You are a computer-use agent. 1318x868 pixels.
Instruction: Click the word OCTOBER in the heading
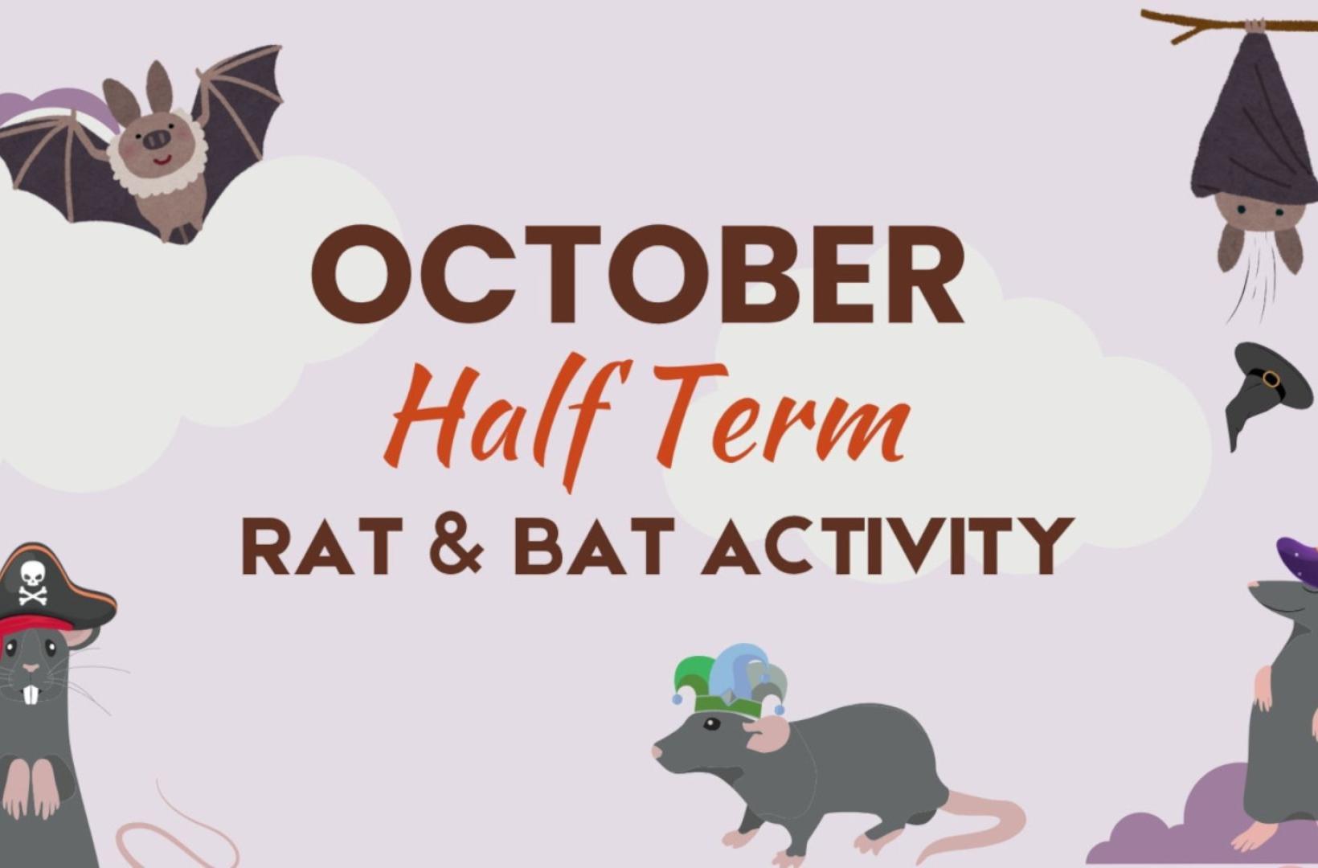(637, 274)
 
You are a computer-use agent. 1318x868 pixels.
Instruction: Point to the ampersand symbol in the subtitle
(456, 546)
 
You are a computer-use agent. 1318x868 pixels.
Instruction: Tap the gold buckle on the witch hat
(1271, 378)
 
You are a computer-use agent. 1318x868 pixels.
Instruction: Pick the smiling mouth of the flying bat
(162, 160)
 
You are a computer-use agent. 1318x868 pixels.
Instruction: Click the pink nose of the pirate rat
(31, 668)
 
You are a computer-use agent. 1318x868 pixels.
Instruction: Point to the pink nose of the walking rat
(657, 751)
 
